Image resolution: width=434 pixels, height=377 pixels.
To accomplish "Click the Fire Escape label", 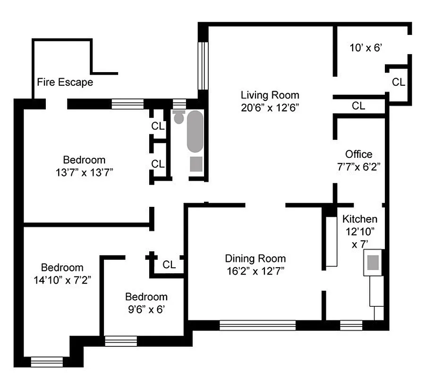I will click(65, 82).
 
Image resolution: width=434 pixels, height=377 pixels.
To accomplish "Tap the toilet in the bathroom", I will click(179, 116).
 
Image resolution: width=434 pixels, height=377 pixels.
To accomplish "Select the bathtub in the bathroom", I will click(195, 132).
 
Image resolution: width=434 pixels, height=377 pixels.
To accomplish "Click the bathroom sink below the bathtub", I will click(196, 164).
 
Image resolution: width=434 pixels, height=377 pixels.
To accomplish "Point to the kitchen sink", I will click(373, 262).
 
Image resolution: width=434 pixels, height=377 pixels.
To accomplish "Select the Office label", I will click(358, 154).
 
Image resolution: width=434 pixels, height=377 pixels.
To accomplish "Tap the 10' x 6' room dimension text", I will click(365, 48).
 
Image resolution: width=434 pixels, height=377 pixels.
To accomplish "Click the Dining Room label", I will click(255, 258).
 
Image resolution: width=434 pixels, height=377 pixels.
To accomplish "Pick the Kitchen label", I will click(359, 219).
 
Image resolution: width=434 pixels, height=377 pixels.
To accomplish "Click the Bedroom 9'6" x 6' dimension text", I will click(145, 310).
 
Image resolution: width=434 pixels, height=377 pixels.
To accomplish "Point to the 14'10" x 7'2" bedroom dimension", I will click(62, 279).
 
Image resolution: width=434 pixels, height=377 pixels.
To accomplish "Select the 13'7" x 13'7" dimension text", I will click(84, 172).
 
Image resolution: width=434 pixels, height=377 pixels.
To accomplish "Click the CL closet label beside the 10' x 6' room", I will click(398, 82).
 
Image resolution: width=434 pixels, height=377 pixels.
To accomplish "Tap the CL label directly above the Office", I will click(358, 106).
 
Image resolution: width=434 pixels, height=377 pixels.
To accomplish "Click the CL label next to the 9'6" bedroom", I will click(169, 264).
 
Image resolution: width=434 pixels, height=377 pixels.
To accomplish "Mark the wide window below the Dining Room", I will click(257, 325).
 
